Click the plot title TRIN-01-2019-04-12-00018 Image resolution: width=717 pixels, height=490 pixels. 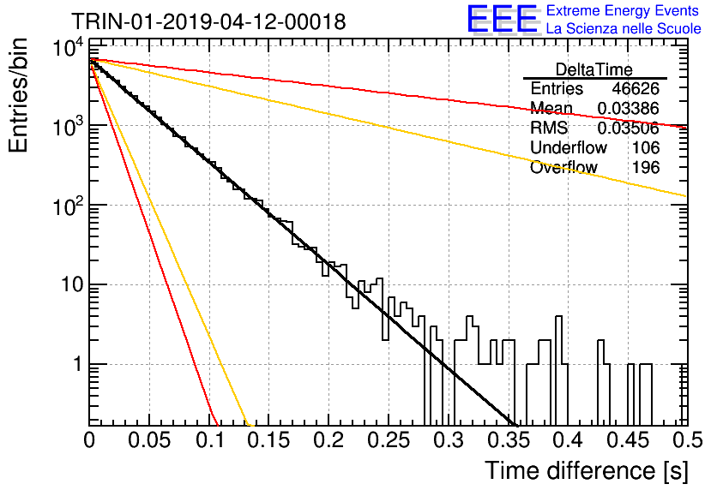208,21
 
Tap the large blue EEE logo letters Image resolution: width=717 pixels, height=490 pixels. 502,19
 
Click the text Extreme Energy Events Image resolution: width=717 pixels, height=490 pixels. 623,10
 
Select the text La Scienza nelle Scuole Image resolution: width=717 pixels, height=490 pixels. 624,28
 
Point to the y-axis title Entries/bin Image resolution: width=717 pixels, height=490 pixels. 19,95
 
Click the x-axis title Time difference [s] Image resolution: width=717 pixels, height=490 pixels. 587,470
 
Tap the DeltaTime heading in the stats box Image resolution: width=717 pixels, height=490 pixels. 594,69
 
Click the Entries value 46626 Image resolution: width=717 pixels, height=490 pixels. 636,88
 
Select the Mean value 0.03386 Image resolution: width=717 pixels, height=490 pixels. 629,108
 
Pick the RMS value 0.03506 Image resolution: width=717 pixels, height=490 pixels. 629,128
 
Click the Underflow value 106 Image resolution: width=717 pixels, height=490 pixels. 646,147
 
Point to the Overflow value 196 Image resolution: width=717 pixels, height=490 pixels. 646,167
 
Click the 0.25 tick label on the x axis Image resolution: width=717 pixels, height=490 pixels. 389,440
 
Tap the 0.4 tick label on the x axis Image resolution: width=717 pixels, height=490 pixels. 568,440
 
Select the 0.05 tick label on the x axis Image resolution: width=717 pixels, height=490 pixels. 149,440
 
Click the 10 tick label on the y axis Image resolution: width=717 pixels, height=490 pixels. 72,284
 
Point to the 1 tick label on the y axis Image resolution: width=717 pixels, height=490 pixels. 77,364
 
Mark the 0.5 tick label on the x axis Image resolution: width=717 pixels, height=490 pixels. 688,440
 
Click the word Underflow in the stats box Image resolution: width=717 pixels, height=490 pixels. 569,147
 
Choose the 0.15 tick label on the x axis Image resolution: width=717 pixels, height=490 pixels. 269,440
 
